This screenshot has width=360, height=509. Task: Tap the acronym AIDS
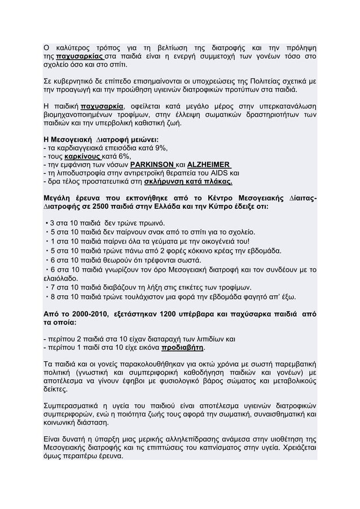tap(223, 173)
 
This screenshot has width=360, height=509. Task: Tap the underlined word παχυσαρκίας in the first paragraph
tap(78, 58)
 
